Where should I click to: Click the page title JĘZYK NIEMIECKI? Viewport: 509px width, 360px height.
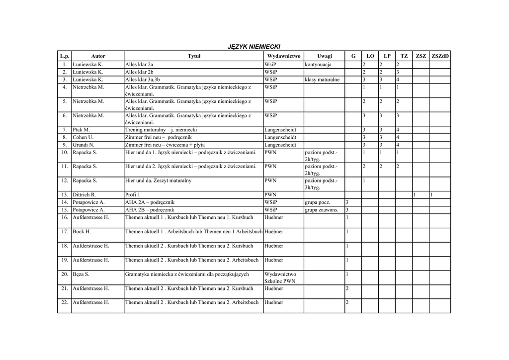(x=254, y=46)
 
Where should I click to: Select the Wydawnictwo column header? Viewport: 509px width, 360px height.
(x=283, y=56)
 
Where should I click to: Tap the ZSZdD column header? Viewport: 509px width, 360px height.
(x=440, y=56)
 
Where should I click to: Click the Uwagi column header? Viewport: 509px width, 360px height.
(x=324, y=56)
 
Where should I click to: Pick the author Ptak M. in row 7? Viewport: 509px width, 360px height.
(x=81, y=130)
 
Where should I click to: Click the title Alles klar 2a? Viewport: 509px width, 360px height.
(x=139, y=65)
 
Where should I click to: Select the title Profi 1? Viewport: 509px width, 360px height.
(x=133, y=195)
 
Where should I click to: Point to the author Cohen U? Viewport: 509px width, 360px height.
(x=83, y=137)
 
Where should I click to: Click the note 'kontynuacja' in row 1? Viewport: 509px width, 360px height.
(x=318, y=65)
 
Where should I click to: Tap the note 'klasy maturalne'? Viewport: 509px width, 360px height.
(x=322, y=80)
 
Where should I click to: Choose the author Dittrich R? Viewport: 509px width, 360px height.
(x=84, y=195)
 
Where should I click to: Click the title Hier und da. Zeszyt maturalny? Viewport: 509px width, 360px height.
(x=159, y=180)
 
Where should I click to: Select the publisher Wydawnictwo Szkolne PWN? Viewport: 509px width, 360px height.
(x=280, y=277)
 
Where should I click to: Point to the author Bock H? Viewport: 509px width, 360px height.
(x=82, y=232)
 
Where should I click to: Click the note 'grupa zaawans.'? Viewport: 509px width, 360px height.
(x=322, y=210)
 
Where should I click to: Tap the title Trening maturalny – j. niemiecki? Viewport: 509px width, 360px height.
(x=161, y=130)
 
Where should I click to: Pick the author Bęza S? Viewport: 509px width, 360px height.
(x=81, y=274)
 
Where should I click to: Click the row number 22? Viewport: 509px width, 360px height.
(x=65, y=302)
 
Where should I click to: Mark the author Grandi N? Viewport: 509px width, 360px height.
(x=84, y=145)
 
